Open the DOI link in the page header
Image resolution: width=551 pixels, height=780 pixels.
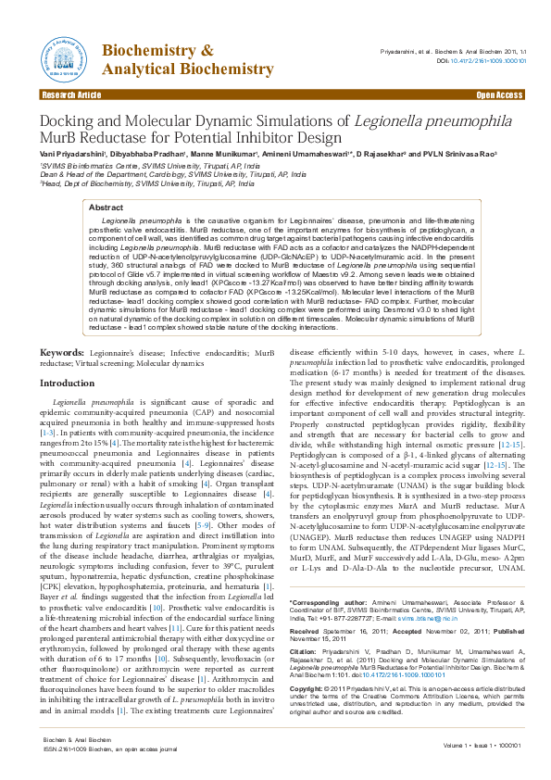coord(488,61)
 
